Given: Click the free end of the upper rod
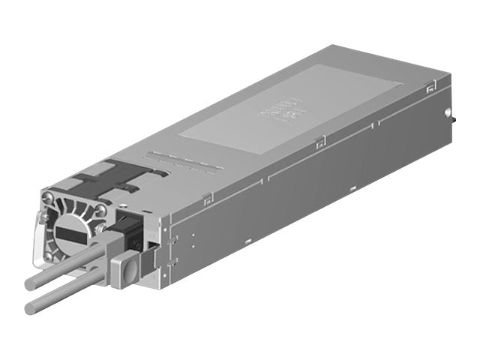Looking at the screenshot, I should pyautogui.click(x=29, y=285).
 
